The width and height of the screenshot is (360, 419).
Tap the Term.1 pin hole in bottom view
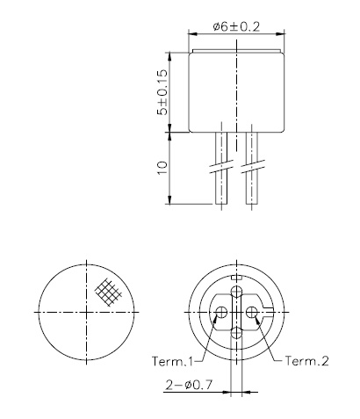(221, 313)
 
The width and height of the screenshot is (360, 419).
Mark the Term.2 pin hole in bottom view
(252, 313)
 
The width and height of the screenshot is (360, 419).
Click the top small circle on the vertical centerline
(236, 291)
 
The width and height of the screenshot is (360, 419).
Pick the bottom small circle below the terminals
(236, 332)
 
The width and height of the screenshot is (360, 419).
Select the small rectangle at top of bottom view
(236, 278)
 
